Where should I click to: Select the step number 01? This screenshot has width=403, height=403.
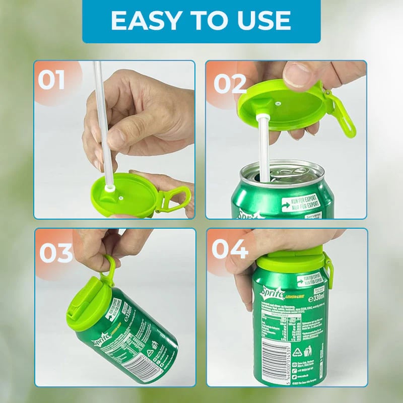coord(52,81)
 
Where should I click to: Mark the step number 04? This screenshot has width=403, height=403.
coord(230,249)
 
